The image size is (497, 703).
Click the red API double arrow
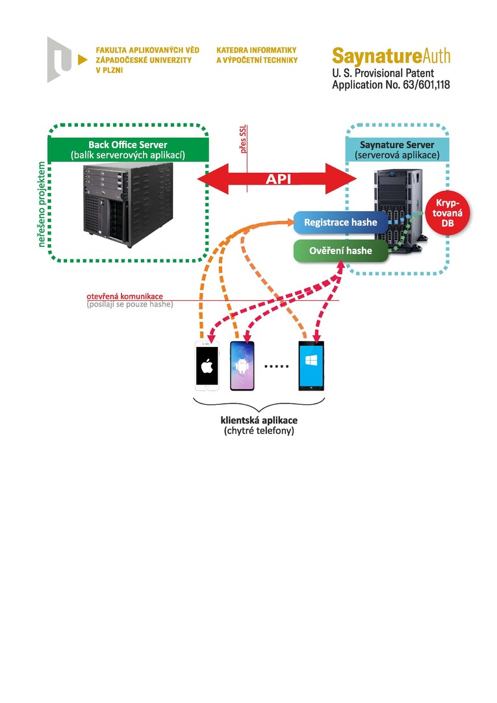click(x=277, y=179)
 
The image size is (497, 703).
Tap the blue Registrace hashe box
click(x=340, y=222)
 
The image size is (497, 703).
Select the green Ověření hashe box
click(x=340, y=251)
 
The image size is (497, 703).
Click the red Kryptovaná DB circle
click(x=447, y=213)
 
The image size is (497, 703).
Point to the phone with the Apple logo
click(x=207, y=366)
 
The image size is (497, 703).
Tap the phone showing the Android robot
click(x=242, y=366)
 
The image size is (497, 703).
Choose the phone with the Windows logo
click(x=311, y=366)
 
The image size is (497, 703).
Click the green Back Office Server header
click(x=128, y=149)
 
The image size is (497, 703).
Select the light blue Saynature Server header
click(x=397, y=149)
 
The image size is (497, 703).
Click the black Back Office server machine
click(x=128, y=205)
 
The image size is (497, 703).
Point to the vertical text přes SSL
click(x=244, y=139)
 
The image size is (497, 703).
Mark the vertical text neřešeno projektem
click(x=42, y=205)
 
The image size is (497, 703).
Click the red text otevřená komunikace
click(x=125, y=296)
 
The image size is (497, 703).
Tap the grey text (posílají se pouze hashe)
click(x=130, y=305)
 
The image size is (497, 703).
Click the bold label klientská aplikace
click(x=259, y=420)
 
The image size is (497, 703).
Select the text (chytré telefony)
click(x=259, y=431)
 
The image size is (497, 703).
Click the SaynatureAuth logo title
click(x=391, y=57)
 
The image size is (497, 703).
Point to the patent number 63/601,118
click(x=426, y=84)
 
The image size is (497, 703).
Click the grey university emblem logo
click(x=60, y=60)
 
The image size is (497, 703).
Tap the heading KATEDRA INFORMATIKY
click(x=257, y=50)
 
